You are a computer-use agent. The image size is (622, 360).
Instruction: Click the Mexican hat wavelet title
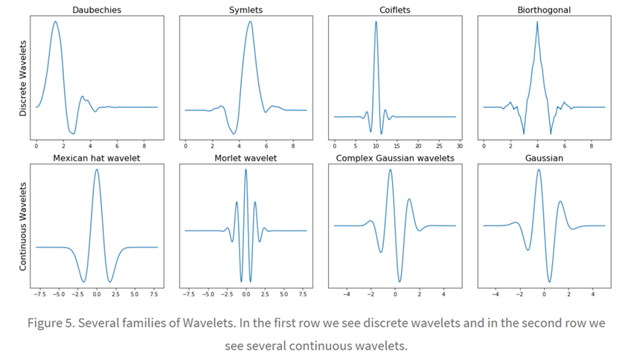[97, 158]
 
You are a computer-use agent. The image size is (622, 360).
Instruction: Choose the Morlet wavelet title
[246, 158]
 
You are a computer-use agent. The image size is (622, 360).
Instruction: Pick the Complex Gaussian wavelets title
[395, 158]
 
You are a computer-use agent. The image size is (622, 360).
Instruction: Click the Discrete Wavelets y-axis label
[22, 77]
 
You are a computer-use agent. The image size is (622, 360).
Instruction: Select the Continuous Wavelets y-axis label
[22, 226]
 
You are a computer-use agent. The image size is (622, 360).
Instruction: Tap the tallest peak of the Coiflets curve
[376, 22]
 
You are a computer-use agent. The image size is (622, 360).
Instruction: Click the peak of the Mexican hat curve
[97, 170]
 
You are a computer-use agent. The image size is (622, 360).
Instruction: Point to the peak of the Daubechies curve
[55, 22]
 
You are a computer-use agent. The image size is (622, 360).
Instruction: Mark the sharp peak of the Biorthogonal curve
[537, 22]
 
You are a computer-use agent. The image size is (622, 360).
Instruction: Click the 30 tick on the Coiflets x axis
[459, 146]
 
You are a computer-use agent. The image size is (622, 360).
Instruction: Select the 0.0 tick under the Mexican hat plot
[97, 295]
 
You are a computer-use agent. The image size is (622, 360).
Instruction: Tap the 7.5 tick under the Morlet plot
[303, 295]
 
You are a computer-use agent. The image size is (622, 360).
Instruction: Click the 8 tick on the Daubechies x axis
[144, 146]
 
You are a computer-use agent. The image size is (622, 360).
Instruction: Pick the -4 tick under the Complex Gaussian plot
[347, 295]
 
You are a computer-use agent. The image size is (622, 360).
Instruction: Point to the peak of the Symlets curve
[250, 22]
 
